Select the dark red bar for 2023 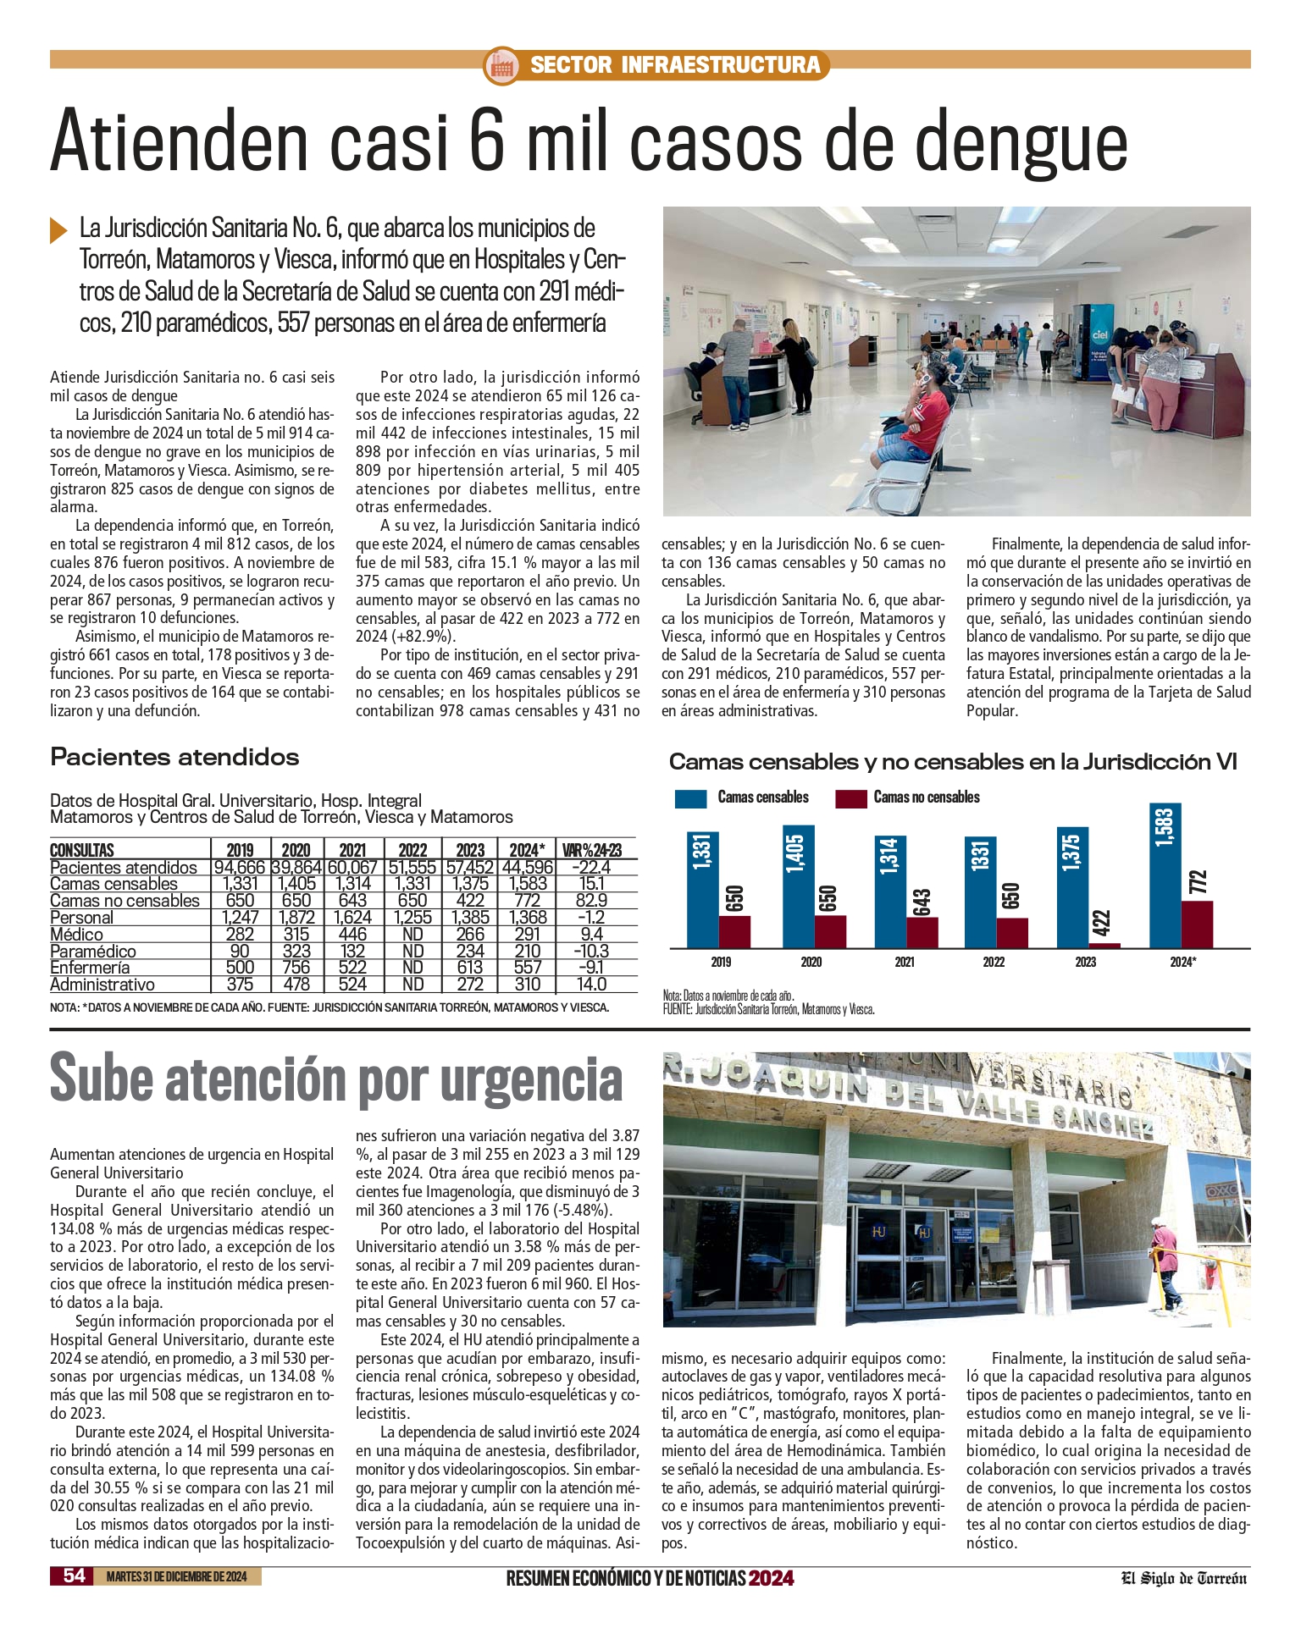(x=1105, y=945)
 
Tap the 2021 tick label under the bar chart (x=904, y=962)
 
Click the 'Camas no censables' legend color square (x=850, y=797)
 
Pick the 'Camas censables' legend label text (x=762, y=797)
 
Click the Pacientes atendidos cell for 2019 (x=240, y=868)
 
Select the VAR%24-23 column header (x=592, y=850)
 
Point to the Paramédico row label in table (x=92, y=952)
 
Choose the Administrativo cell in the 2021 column (x=352, y=985)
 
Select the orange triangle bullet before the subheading (x=58, y=229)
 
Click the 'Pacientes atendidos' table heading (x=174, y=757)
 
